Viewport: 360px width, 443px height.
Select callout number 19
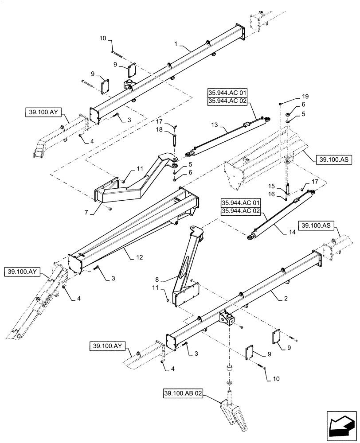[x=293, y=96]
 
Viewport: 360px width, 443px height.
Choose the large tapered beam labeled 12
[x=133, y=226]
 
